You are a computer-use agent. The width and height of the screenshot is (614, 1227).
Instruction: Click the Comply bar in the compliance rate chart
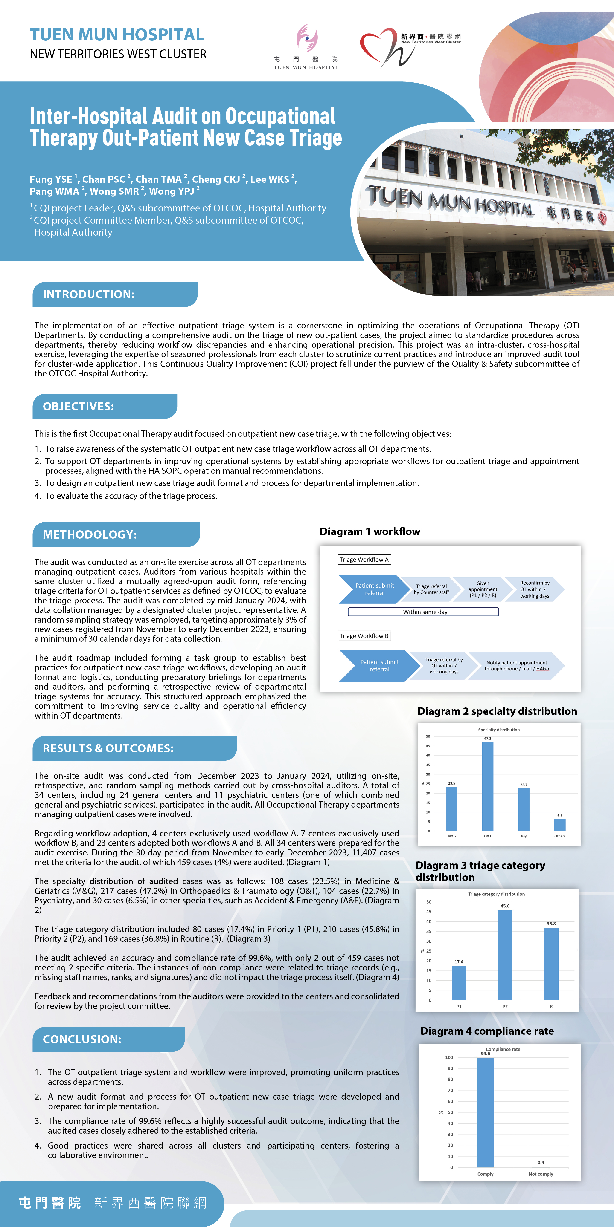tap(485, 1112)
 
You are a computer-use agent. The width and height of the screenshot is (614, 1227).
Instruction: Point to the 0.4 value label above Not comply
tap(541, 1162)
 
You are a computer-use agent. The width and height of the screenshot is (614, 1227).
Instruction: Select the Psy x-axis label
tap(524, 836)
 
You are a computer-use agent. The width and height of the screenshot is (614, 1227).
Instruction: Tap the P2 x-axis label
tap(505, 1006)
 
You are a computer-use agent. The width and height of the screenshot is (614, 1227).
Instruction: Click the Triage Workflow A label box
tap(364, 560)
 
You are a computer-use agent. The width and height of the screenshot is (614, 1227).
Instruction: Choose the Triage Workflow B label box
tap(364, 636)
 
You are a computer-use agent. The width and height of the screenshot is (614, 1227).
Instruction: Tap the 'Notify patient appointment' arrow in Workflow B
tap(516, 665)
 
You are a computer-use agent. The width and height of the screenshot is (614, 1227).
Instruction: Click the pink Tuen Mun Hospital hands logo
tap(306, 38)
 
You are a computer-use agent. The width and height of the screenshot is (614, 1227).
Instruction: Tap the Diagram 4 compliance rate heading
tap(487, 1031)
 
